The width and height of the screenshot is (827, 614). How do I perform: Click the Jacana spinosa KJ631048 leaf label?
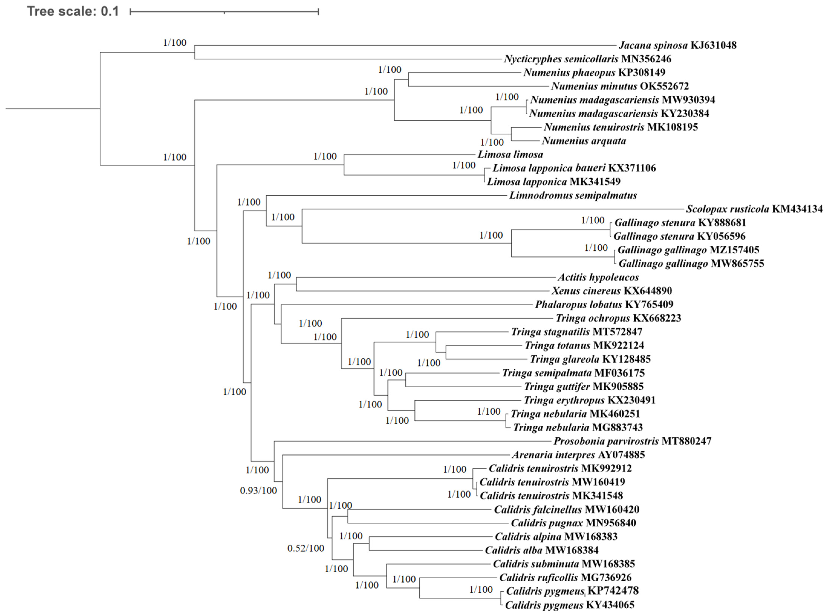tap(677, 45)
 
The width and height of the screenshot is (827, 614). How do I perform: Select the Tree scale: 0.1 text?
tap(73, 11)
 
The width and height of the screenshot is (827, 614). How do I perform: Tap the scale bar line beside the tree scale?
tap(224, 12)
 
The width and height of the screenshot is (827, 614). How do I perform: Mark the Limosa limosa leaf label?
tap(510, 154)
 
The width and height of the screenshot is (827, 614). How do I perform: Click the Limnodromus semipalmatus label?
tap(573, 195)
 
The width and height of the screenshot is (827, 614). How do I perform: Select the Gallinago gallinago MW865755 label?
tap(691, 264)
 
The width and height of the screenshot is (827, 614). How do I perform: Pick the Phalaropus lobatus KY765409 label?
tap(604, 304)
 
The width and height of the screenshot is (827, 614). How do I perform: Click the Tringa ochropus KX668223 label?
tap(618, 318)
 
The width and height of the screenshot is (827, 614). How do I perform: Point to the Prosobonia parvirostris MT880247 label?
tap(632, 441)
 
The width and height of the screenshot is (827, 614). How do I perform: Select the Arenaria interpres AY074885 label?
tap(578, 455)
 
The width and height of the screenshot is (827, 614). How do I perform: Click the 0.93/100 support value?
tap(258, 491)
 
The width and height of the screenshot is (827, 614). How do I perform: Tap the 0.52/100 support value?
tap(306, 548)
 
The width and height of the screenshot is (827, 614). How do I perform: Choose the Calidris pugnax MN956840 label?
tap(573, 523)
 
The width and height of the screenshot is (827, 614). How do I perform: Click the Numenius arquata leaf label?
tap(584, 141)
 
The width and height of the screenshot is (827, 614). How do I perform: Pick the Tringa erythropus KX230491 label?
tap(589, 400)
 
